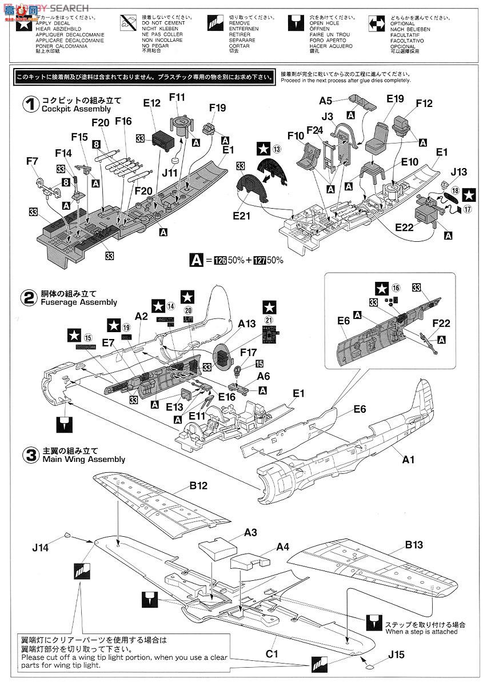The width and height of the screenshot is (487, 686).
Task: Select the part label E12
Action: [152, 102]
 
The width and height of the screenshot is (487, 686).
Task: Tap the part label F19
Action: [218, 107]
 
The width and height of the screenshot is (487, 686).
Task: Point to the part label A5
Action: [326, 101]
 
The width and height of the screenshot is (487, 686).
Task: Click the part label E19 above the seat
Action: [394, 99]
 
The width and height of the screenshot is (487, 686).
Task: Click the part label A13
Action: [246, 323]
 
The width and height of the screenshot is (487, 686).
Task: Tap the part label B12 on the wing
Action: [199, 486]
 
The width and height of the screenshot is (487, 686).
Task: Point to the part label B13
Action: [414, 545]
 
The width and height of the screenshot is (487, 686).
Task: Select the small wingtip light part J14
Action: [67, 535]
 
